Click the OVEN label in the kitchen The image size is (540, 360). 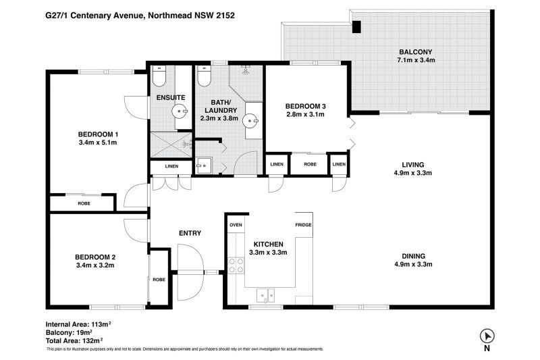[x=236, y=225]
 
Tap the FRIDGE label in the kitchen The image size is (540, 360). [x=303, y=225]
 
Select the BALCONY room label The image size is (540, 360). [x=416, y=52]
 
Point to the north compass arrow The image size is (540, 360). [x=487, y=336]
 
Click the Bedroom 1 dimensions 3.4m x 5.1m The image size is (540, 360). [x=98, y=143]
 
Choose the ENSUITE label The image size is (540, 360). [x=171, y=98]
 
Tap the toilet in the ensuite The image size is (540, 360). [x=159, y=76]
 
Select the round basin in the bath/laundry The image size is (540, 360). [x=250, y=121]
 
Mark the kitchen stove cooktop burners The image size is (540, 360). [x=236, y=265]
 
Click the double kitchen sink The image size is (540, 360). [x=266, y=296]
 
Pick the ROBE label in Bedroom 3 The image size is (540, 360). [x=310, y=164]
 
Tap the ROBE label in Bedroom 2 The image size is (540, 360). [x=159, y=280]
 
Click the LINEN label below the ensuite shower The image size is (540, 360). [x=171, y=166]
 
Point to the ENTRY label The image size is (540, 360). [x=190, y=233]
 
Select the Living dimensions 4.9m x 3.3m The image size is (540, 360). [x=413, y=173]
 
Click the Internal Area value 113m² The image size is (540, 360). [x=101, y=324]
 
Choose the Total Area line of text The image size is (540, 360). [x=74, y=341]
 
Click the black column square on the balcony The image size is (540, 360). [x=356, y=27]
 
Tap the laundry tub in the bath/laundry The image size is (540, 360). [x=204, y=165]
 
